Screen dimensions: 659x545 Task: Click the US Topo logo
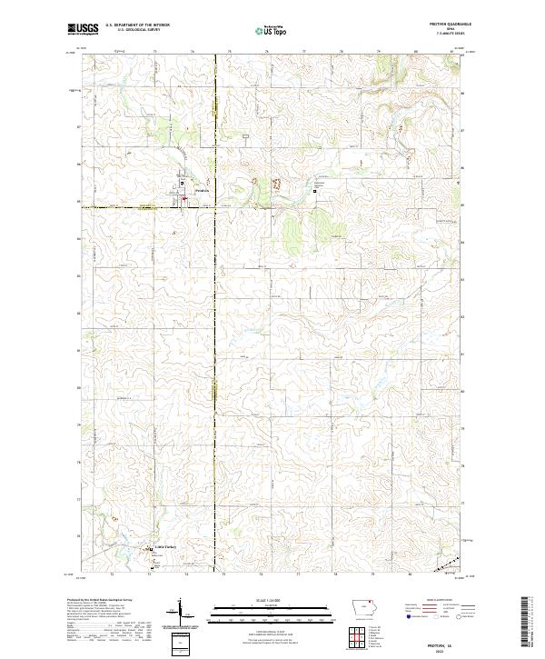pos(271,30)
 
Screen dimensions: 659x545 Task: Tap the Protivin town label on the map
pos(202,191)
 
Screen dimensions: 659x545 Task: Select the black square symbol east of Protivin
pos(315,191)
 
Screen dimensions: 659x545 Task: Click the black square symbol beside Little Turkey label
pos(151,548)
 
